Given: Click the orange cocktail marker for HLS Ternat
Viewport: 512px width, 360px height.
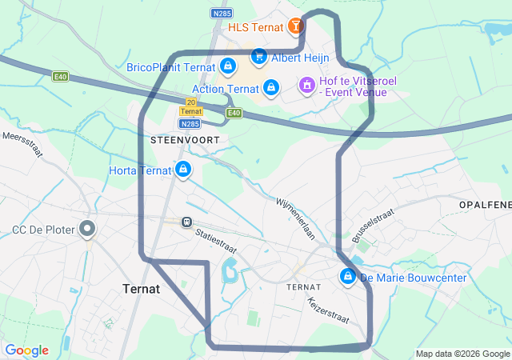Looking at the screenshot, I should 296,26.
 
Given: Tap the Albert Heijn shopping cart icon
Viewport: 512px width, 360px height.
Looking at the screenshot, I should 258,57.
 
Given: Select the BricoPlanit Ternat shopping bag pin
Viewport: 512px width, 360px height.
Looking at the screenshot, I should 228,66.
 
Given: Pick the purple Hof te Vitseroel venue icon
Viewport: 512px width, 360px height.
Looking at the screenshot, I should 306,85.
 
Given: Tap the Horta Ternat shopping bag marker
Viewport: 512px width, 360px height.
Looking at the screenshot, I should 184,169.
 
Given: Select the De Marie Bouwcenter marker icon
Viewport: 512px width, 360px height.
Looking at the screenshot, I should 348,277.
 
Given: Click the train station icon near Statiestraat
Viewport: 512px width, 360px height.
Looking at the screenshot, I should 186,222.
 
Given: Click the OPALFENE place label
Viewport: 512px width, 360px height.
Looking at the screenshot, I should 485,206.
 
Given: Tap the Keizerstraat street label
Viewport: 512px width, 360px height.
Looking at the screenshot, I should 328,311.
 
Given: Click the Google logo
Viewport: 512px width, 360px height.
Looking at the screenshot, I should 26,350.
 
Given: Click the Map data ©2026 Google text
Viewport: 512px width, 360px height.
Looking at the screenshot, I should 462,354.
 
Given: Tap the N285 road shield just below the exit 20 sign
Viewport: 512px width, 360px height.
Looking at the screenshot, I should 190,123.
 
